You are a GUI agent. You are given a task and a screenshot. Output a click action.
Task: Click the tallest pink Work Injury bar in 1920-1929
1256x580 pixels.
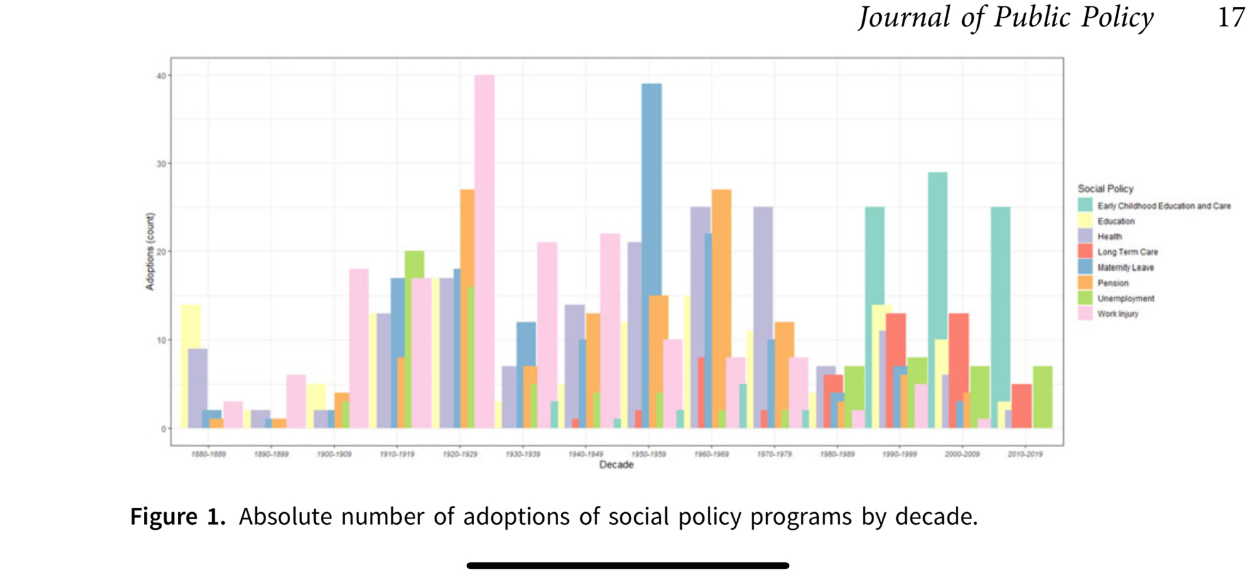484,251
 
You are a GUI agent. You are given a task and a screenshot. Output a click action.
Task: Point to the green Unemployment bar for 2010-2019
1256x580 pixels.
1042,397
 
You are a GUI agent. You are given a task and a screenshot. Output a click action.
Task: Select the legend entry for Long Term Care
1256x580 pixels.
1127,252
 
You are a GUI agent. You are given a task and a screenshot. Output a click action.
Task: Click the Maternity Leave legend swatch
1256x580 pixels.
1085,267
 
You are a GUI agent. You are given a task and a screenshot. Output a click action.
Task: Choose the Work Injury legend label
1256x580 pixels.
1118,314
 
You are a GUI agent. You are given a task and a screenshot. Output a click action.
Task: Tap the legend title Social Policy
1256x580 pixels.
1105,189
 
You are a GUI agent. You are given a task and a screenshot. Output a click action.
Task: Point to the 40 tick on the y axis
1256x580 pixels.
161,76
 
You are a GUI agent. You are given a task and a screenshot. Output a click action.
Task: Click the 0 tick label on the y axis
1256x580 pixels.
163,429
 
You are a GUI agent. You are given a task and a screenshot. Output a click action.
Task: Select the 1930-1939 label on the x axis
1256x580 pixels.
522,454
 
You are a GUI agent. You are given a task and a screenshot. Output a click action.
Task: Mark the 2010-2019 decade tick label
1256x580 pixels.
1025,454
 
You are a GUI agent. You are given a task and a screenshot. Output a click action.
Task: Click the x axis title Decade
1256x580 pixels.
616,465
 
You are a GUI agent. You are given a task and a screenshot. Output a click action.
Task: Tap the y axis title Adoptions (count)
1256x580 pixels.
150,251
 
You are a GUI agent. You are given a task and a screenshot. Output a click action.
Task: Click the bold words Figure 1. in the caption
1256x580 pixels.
178,517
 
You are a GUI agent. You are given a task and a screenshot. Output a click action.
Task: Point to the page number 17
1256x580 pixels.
1231,18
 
